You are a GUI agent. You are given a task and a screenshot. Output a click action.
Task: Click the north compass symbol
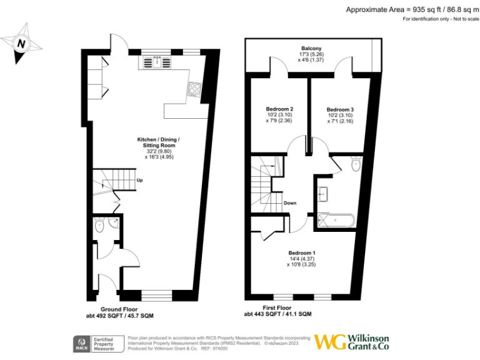pos(22,43)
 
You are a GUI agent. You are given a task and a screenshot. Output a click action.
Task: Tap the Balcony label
pos(311,49)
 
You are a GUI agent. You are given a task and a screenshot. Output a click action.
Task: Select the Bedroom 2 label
pos(280,109)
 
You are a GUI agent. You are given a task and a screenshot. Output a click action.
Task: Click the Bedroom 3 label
pos(340,109)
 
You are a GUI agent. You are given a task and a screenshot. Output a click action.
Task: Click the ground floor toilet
pos(99,229)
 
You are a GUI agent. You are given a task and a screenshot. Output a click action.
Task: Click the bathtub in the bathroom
pos(336,219)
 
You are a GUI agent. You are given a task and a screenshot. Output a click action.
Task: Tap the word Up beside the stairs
pos(140,181)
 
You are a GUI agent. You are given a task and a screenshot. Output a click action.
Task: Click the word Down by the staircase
pos(290,203)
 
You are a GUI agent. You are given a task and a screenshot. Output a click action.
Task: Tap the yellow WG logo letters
pos(331,342)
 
